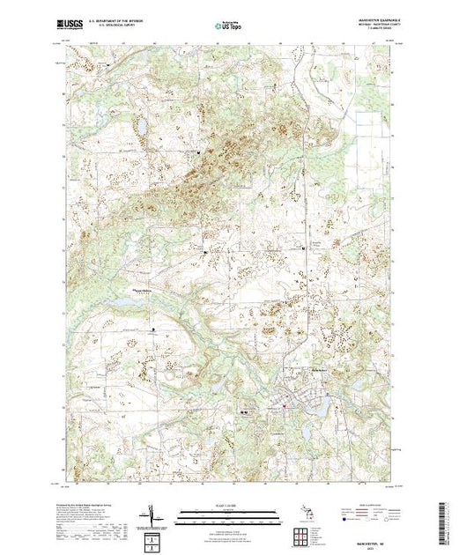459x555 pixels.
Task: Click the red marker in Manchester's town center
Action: (x=284, y=405)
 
